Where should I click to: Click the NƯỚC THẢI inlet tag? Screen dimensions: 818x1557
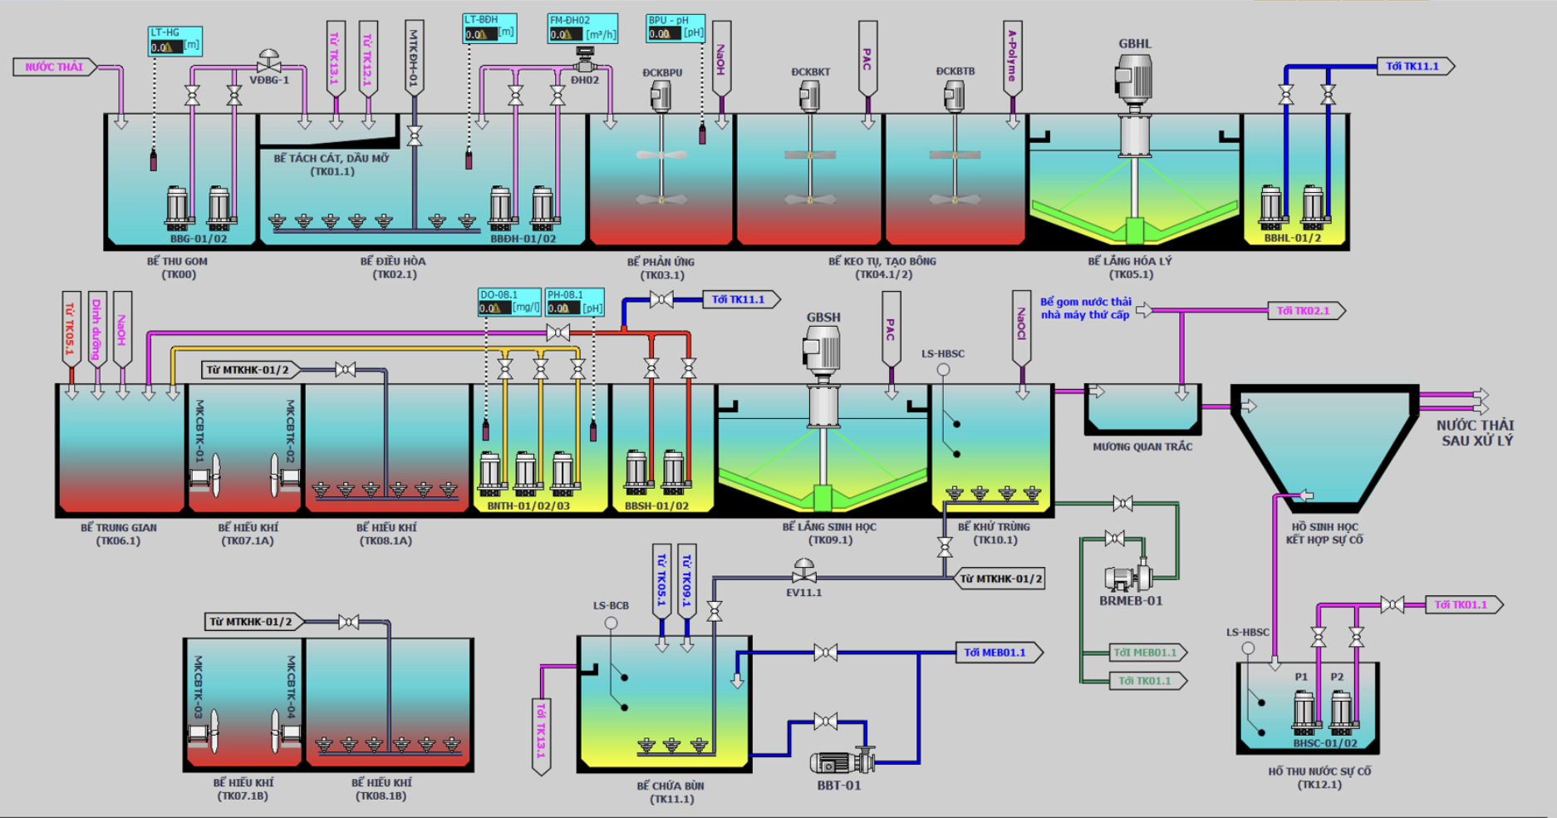point(54,67)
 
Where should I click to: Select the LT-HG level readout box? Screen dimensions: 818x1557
point(174,41)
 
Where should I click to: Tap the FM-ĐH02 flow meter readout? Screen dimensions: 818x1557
point(582,28)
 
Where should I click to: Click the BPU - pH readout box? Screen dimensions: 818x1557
point(675,27)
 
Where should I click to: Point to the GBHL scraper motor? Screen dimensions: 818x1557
point(1134,79)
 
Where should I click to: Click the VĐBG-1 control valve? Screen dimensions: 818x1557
point(268,62)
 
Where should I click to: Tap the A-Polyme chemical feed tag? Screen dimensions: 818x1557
point(1012,57)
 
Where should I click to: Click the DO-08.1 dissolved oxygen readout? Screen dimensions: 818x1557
point(509,302)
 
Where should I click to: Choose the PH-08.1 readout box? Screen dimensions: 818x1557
point(574,302)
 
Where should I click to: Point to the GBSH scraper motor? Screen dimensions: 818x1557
point(823,349)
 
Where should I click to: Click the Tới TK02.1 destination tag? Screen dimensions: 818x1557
point(1305,311)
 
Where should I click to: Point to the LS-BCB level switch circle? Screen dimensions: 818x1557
point(611,623)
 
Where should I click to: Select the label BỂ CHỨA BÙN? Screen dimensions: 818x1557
point(670,786)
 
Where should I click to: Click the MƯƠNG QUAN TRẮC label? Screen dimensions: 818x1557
point(1142,446)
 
